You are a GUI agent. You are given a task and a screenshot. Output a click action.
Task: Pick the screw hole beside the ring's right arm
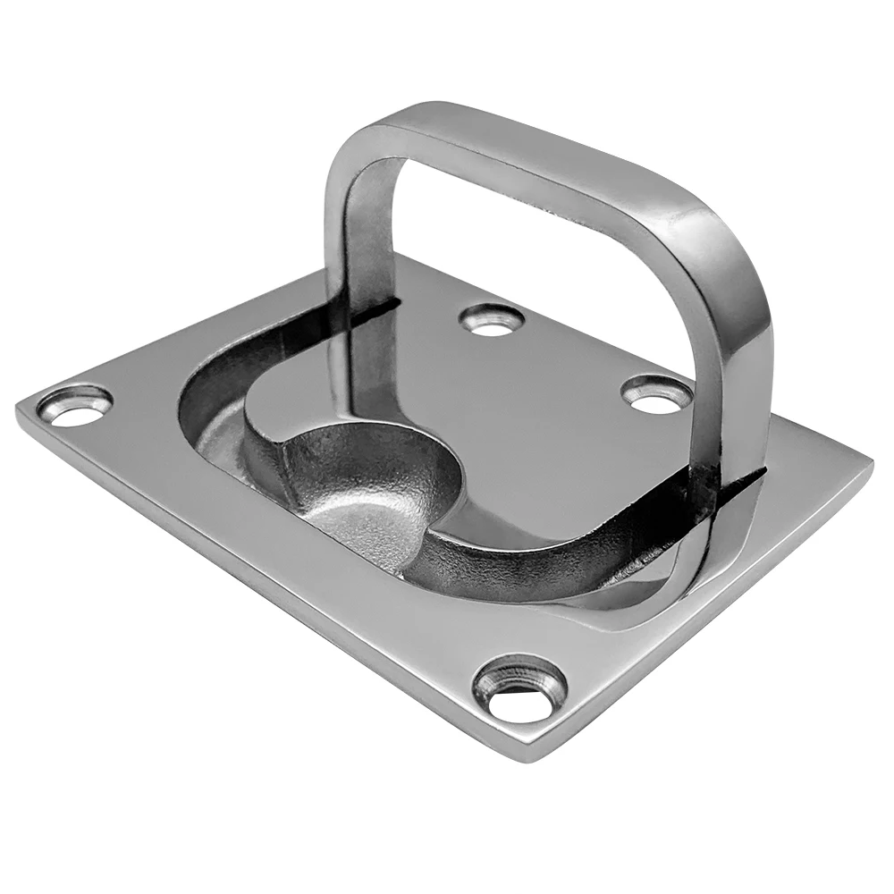(x=657, y=394)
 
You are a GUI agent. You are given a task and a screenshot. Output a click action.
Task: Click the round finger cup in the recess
(x=367, y=501)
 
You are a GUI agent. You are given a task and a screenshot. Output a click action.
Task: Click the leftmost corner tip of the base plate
(x=18, y=409)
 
